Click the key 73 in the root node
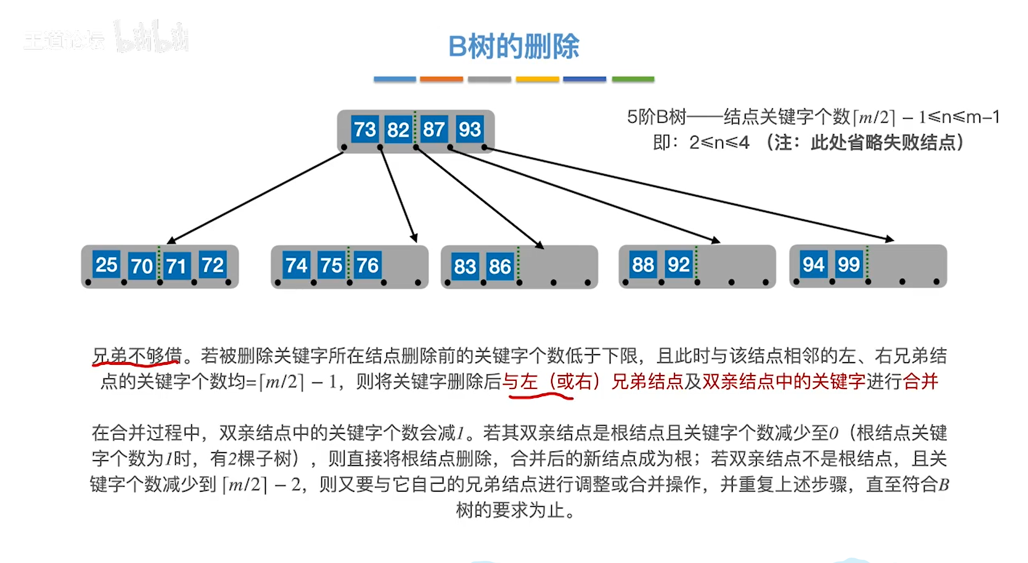tap(365, 129)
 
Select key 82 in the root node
tap(398, 130)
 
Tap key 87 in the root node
tap(433, 129)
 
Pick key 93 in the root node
tap(469, 129)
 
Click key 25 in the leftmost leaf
tap(106, 265)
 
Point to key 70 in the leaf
tap(141, 266)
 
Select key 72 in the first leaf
tap(212, 265)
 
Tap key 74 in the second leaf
tap(296, 265)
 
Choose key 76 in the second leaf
tap(367, 265)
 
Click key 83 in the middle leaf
tap(464, 266)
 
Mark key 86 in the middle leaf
tap(500, 266)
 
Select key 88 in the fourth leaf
tap(643, 265)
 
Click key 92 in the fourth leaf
tap(678, 265)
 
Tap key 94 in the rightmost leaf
tap(813, 264)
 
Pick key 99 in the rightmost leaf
tap(849, 264)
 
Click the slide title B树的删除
tap(514, 46)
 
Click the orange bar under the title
tap(441, 79)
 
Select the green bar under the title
tap(633, 79)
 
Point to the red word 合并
tap(920, 381)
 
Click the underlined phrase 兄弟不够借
tap(137, 355)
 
